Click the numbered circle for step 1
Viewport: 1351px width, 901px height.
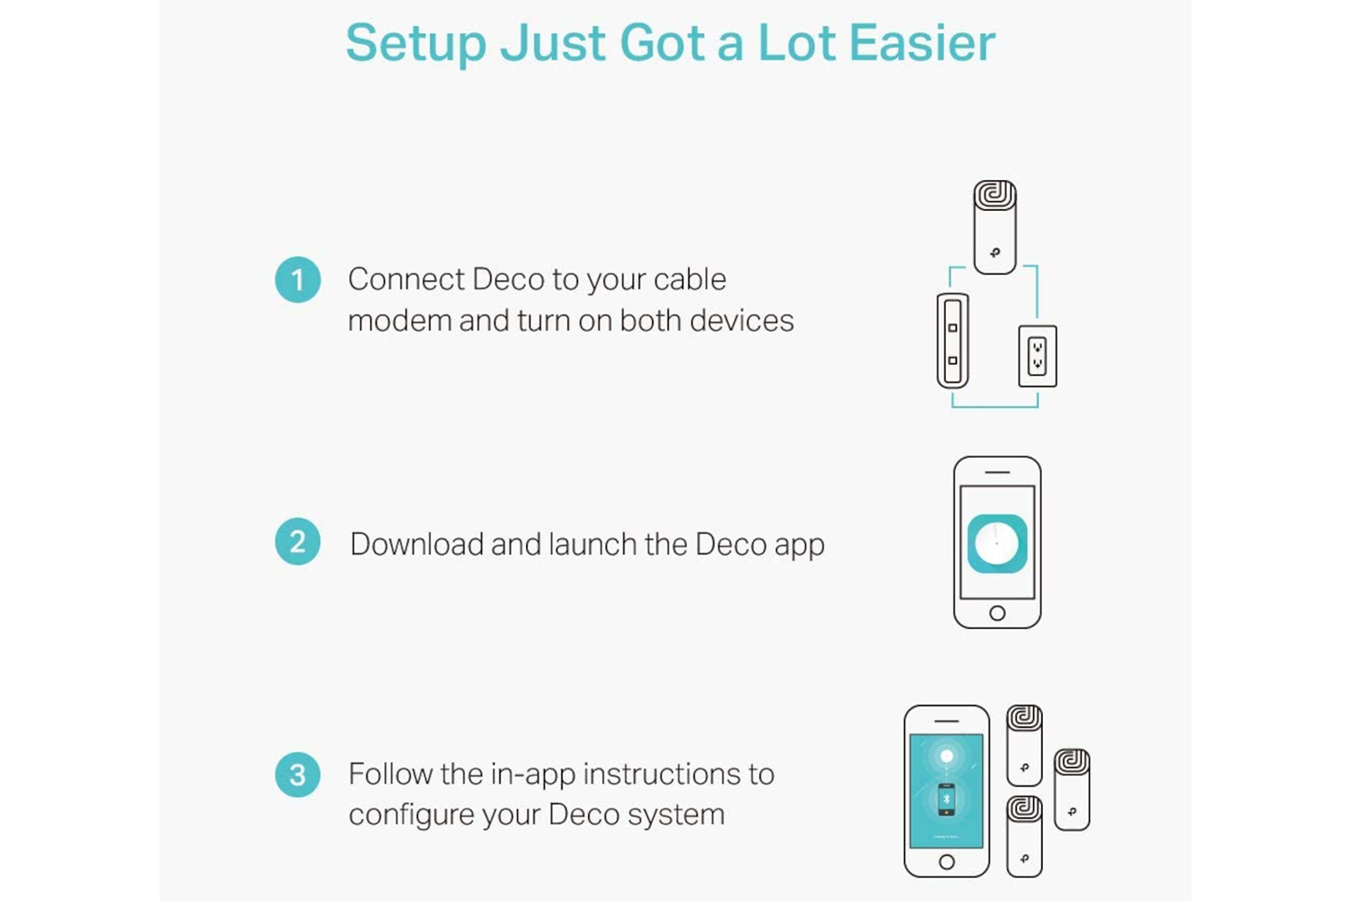point(297,279)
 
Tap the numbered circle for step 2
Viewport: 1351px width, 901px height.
point(297,542)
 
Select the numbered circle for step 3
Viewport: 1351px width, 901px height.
point(297,774)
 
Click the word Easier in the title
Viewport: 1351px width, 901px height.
point(922,43)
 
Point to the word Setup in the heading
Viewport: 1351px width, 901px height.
point(416,44)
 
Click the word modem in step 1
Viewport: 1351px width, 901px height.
point(400,321)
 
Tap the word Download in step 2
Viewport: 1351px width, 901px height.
point(417,543)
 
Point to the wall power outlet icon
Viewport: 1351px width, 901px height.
point(1038,356)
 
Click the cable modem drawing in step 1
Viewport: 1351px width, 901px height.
point(952,341)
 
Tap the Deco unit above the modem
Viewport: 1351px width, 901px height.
point(994,227)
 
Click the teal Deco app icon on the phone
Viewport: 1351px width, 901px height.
point(997,543)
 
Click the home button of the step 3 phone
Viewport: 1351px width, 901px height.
point(947,861)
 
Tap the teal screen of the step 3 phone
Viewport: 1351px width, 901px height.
point(947,790)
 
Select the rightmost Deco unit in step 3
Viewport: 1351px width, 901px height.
point(1072,789)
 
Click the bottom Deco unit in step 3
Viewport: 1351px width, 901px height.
point(1024,836)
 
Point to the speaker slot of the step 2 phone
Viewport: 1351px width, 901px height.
point(997,472)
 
